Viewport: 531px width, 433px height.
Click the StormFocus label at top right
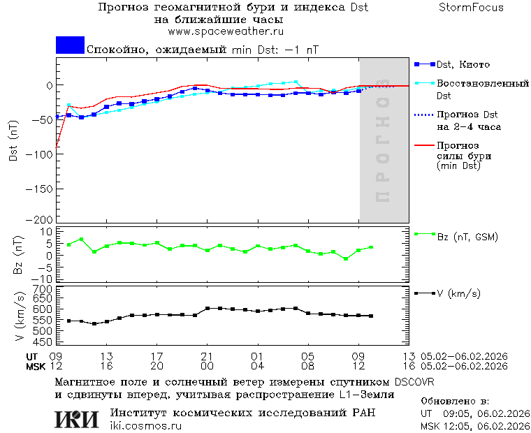471,8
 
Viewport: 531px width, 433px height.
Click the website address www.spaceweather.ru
226,31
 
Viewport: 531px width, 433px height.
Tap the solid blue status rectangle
70,45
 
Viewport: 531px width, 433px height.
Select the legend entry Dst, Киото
463,65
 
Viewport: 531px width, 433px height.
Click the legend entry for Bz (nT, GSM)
467,237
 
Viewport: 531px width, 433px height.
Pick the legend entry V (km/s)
458,293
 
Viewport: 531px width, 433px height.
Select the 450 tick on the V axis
43,342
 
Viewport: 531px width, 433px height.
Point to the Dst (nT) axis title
14,140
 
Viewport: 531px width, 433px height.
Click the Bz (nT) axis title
19,255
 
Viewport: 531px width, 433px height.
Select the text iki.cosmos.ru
145,426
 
